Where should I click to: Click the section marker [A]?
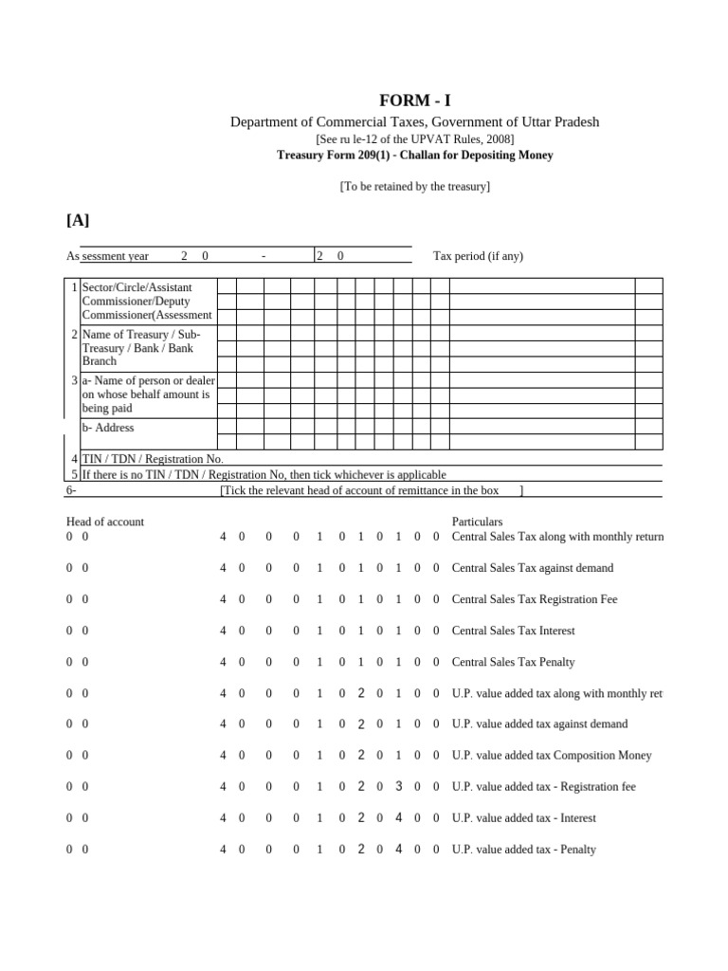coord(78,220)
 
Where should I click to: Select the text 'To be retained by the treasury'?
coord(415,187)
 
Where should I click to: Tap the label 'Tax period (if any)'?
coord(478,256)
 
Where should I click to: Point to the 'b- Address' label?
coord(108,428)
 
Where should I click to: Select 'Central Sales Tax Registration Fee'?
coord(535,599)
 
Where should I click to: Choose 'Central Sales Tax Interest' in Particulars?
coord(513,631)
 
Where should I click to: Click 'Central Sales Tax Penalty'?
coord(513,662)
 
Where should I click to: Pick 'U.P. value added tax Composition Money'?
coord(552,756)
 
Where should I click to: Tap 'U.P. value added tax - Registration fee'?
coord(544,787)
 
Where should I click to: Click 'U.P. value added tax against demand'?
coord(539,724)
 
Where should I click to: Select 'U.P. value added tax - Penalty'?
coord(524,850)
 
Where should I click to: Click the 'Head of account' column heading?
coord(105,522)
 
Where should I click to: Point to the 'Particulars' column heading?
coord(477,522)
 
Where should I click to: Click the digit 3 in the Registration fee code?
coord(399,786)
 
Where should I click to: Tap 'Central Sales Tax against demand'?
coord(533,568)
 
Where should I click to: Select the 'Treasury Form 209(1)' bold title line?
coord(415,155)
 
